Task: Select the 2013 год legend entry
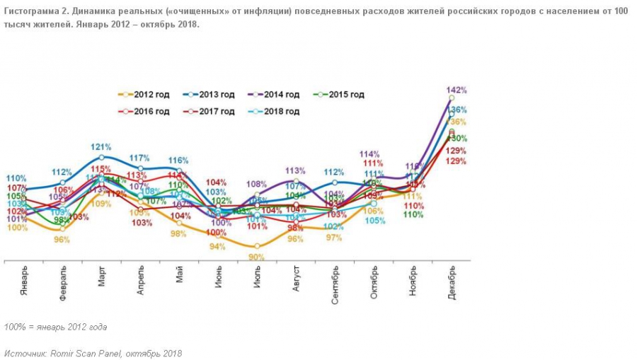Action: click(x=212, y=94)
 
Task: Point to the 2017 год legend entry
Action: click(x=212, y=111)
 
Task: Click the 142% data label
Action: click(x=457, y=91)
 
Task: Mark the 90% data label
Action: click(x=256, y=257)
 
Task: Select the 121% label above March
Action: click(x=102, y=147)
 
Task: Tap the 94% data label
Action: click(x=217, y=247)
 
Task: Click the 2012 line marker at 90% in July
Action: click(x=256, y=246)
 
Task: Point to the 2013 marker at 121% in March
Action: click(x=102, y=157)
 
